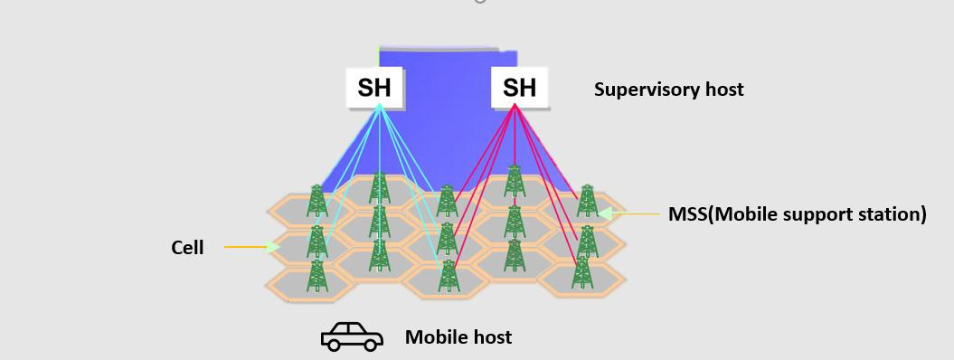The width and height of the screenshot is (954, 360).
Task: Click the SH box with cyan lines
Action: (375, 88)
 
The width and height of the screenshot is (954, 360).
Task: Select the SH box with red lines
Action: (519, 88)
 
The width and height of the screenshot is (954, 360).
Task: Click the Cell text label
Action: (187, 247)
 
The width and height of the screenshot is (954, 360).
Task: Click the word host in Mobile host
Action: (493, 337)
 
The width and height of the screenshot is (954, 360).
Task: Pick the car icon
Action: (352, 336)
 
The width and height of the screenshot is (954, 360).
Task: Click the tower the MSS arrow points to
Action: (587, 202)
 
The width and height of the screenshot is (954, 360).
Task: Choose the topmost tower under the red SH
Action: (514, 181)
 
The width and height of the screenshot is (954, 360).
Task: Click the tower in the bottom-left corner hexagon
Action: (316, 276)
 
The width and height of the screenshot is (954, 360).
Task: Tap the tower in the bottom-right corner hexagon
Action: (582, 273)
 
